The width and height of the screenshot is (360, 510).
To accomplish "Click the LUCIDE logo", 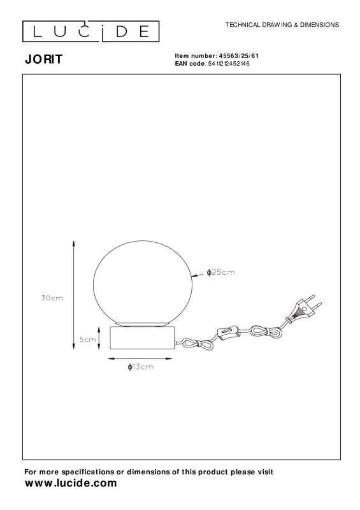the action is [90, 31].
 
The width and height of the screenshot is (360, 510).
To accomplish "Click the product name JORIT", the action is [44, 59].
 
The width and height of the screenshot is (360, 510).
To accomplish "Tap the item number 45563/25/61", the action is [239, 56].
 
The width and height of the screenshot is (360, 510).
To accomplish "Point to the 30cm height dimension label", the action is [52, 298].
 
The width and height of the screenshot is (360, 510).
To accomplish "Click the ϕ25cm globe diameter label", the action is [221, 272].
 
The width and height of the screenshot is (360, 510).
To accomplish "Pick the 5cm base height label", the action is [88, 340].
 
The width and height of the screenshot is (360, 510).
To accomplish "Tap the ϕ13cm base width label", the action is [140, 367].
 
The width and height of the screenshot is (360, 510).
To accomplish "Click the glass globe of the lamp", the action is [143, 283].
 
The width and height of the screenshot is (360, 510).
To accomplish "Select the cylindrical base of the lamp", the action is [143, 339].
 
